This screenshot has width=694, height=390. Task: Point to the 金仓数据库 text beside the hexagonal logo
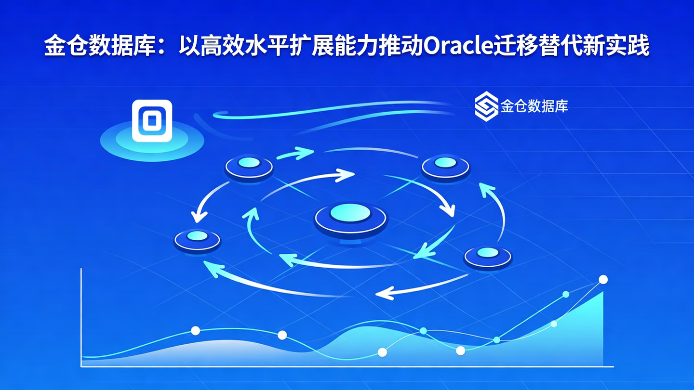coord(534,106)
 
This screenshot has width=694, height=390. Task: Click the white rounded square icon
coord(152,120)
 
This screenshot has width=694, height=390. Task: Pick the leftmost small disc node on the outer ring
coord(197,239)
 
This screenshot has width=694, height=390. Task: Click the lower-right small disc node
coord(488,255)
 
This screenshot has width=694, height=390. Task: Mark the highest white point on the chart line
coord(603,279)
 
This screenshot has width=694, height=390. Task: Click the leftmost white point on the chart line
coord(195,330)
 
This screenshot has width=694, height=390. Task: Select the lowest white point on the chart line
coord(382,352)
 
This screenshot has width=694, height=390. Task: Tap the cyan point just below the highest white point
coord(566,294)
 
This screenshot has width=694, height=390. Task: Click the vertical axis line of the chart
coord(81,318)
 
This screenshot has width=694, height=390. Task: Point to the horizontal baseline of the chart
coord(347,367)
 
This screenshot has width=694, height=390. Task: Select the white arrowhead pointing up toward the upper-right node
coord(484,188)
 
